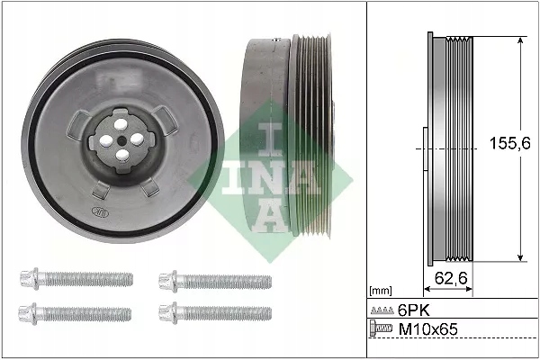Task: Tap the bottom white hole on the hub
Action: coord(120,154)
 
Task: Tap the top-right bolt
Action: coord(215,280)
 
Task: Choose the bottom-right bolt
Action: coord(215,312)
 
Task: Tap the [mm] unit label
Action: coord(382,292)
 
